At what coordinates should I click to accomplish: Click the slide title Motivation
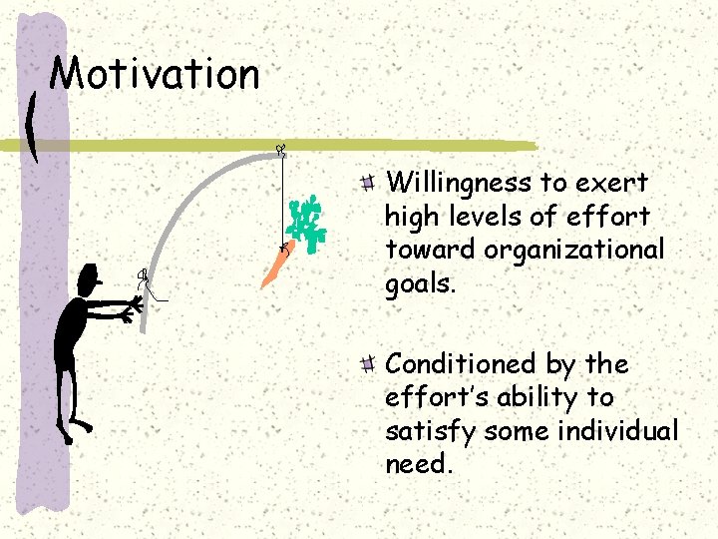(x=155, y=75)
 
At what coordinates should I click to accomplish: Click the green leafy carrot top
(x=308, y=221)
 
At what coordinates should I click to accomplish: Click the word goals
(x=420, y=283)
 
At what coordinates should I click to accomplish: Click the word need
(x=418, y=464)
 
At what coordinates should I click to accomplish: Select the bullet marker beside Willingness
(x=368, y=183)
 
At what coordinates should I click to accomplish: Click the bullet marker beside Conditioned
(x=368, y=363)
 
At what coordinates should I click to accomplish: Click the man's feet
(x=74, y=430)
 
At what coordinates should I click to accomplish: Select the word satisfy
(x=423, y=431)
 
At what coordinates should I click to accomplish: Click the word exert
(x=610, y=184)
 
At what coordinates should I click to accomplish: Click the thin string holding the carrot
(x=282, y=200)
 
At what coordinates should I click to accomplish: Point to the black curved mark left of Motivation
(x=36, y=126)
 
